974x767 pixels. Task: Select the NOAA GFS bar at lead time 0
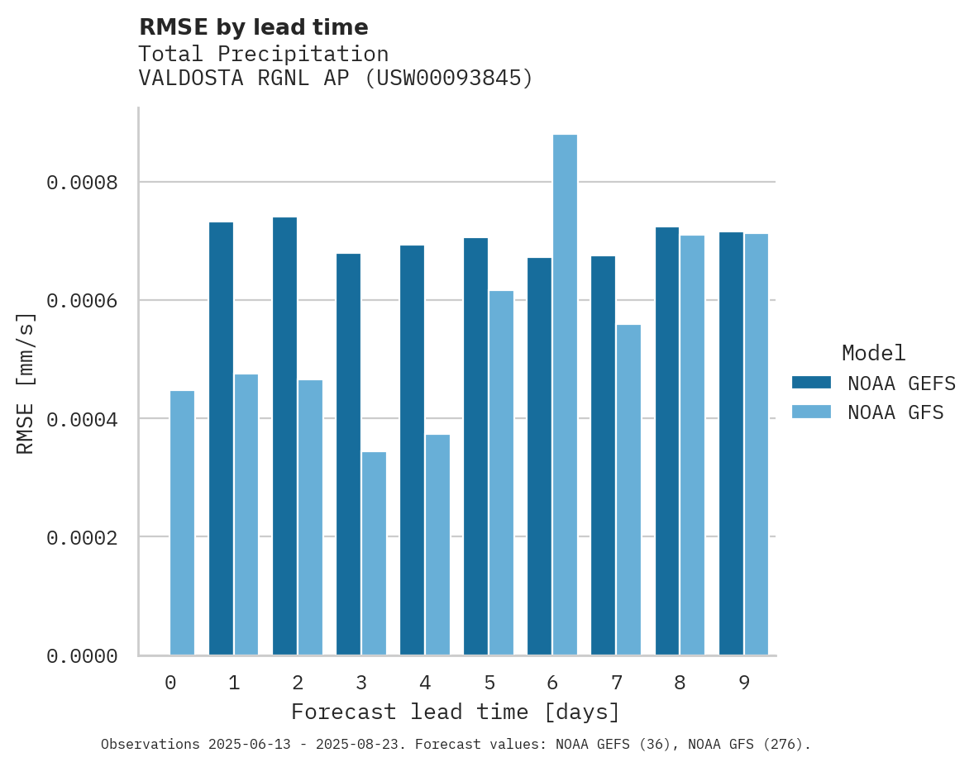182,523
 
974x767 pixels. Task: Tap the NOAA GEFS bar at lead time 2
284,436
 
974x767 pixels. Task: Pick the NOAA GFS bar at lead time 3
374,554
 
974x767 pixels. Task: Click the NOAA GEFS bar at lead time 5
475,446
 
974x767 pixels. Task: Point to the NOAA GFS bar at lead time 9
757,445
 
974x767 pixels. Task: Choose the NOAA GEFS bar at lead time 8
667,441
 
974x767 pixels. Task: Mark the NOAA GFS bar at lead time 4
437,545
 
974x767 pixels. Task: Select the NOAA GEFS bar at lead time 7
603,455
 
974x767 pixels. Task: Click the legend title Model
873,353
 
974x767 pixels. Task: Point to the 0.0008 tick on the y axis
82,182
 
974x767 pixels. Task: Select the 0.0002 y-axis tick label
82,537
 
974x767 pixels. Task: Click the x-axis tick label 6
552,683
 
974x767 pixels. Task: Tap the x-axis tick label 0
170,683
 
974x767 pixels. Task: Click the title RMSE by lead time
253,27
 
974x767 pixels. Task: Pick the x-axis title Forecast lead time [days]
456,712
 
